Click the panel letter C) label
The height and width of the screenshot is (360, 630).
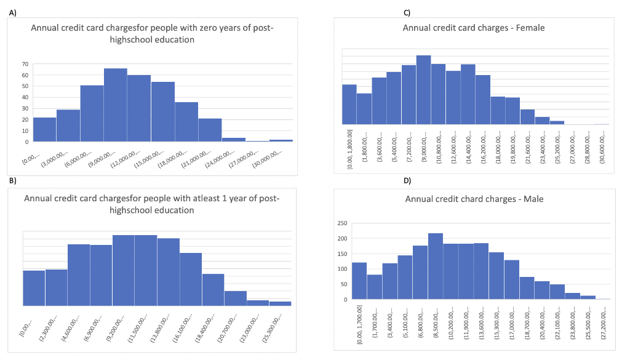(407, 12)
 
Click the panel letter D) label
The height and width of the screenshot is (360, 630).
(407, 180)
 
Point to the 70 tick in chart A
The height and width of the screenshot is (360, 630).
(25, 64)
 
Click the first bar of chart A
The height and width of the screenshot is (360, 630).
(44, 129)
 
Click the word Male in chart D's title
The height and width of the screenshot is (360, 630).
(529, 199)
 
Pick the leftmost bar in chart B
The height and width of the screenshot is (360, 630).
(34, 287)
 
